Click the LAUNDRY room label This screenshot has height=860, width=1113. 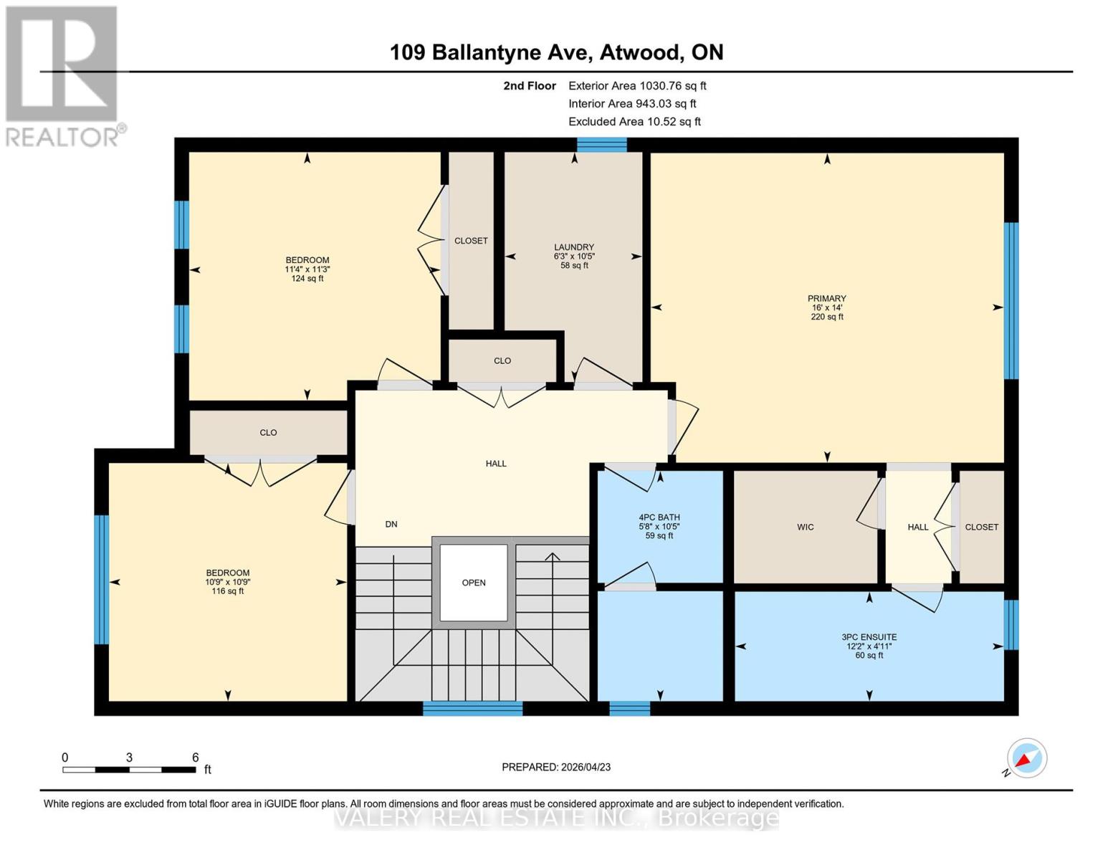[x=574, y=247]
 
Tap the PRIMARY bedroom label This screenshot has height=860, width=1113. [x=826, y=299]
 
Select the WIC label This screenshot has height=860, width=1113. [x=805, y=527]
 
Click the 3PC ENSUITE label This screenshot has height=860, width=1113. [x=869, y=637]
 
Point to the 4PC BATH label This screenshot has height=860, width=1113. [x=659, y=517]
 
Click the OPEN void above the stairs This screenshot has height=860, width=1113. [x=474, y=583]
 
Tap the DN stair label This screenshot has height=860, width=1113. [x=391, y=525]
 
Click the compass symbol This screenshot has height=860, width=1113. [x=1026, y=758]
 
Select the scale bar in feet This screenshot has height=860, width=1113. [x=129, y=770]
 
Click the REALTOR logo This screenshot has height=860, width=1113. [x=63, y=75]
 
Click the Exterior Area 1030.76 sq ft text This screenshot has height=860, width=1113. [x=637, y=86]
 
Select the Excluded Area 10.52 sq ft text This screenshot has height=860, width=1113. [x=634, y=122]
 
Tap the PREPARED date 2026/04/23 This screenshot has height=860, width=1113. [x=556, y=767]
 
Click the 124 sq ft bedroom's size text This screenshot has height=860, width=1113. [x=307, y=278]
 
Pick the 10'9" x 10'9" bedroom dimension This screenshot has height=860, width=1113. [x=228, y=582]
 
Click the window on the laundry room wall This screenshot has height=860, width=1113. [x=601, y=145]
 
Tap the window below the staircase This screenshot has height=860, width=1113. [x=472, y=708]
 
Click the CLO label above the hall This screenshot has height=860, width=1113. [x=502, y=361]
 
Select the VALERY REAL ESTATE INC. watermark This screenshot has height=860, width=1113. [x=556, y=818]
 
